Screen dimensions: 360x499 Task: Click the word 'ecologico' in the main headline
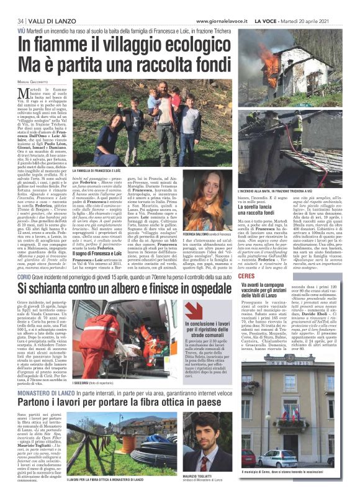(x=191, y=47)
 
